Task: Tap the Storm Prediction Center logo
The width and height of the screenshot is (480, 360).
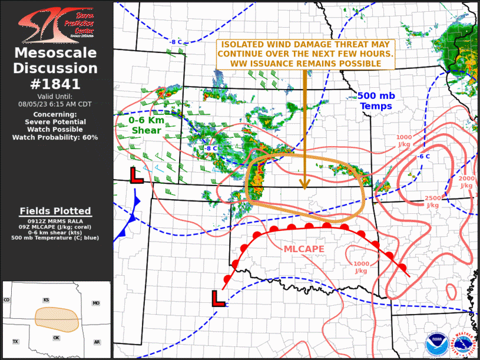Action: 55,25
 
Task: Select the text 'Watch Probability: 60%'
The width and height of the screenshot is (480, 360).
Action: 55,137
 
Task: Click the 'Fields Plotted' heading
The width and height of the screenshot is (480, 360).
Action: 55,211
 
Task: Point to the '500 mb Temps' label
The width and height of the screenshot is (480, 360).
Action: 376,101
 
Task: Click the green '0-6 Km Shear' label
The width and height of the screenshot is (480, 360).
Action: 146,124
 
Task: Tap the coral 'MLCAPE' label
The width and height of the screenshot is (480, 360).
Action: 304,249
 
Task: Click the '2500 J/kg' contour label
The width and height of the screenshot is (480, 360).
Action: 433,202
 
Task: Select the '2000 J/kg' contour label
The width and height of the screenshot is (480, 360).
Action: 466,181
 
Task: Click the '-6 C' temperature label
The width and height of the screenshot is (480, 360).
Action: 423,157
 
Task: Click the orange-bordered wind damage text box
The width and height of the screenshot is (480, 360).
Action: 306,54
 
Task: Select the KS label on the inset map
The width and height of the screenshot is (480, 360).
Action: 46,300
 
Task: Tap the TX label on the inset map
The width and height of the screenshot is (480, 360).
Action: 16,342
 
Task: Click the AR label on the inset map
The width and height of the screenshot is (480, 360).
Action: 97,342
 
